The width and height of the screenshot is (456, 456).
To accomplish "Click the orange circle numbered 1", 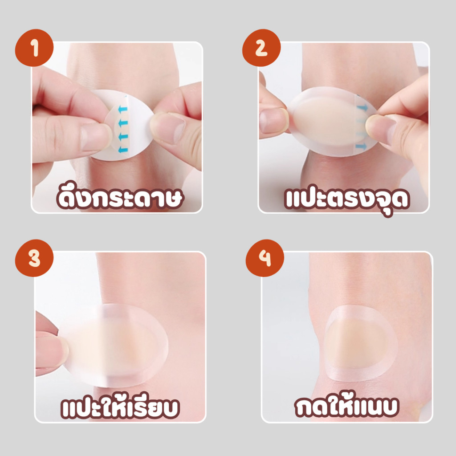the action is [34, 48].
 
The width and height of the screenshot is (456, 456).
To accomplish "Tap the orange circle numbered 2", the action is [261, 48].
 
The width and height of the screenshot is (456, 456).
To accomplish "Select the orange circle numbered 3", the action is [34, 258].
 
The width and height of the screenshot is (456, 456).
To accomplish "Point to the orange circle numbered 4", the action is [265, 258].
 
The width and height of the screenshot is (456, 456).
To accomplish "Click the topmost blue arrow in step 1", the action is [123, 110].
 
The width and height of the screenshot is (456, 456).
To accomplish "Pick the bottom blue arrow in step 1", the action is [123, 150].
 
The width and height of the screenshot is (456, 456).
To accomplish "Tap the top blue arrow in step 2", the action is [362, 108].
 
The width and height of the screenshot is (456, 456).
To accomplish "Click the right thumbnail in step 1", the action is [168, 127].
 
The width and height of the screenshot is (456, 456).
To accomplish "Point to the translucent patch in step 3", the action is [116, 345].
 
